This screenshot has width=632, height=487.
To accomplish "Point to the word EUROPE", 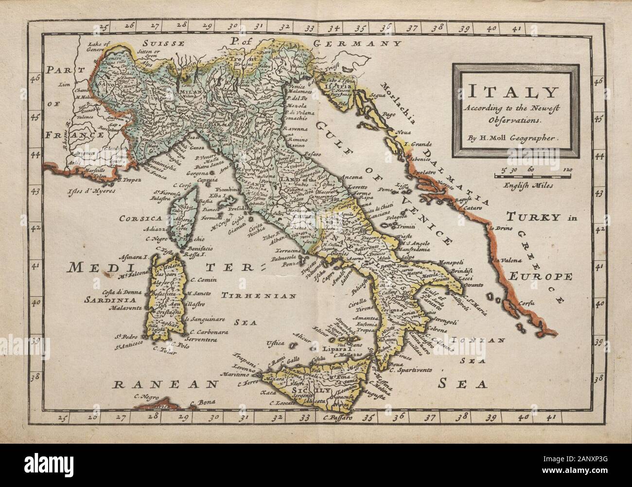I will pos(540,277).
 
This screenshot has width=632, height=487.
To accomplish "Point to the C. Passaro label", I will pos(334,417).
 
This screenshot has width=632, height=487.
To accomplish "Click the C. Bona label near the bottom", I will pos(199,402).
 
